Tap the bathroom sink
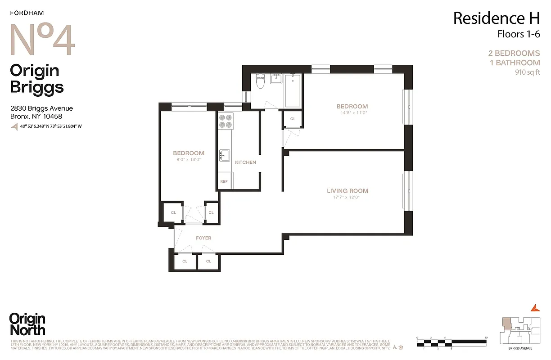coord(276,79)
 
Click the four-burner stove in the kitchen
coord(225,121)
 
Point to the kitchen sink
coord(224,155)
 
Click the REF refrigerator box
coord(224,182)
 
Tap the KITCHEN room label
coord(245,162)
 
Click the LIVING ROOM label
coord(348,191)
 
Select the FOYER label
coord(203,238)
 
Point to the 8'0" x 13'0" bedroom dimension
coord(188,159)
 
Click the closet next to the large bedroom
coord(293,119)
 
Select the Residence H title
coord(496,18)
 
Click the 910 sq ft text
coord(527,72)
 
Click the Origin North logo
coord(27,324)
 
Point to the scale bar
coord(452,342)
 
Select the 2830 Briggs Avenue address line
coord(41,108)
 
